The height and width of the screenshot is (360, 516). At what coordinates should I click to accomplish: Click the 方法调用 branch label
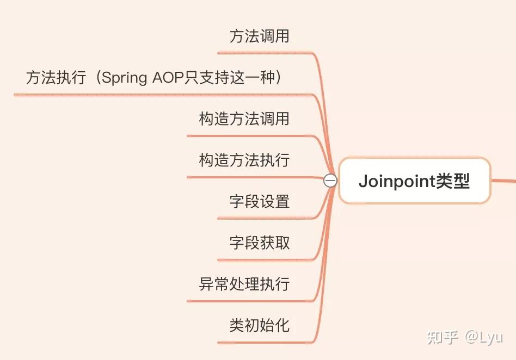259,36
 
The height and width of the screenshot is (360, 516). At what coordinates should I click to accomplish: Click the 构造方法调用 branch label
244,119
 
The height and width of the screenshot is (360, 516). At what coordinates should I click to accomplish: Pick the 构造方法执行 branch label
244,160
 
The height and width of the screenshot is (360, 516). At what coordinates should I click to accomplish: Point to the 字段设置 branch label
259,202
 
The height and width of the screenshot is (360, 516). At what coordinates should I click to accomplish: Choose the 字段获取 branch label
259,243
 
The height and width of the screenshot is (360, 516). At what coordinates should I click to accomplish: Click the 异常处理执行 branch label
244,284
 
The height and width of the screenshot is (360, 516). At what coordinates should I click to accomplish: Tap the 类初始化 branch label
259,325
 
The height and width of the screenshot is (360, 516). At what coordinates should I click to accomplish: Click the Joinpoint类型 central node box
414,181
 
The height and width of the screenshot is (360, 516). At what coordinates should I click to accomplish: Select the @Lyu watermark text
483,337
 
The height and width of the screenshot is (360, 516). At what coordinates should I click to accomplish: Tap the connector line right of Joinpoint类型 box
504,181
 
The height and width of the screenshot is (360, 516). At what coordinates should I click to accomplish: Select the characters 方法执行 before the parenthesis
56,78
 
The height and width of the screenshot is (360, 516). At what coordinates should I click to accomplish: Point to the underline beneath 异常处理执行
250,300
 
